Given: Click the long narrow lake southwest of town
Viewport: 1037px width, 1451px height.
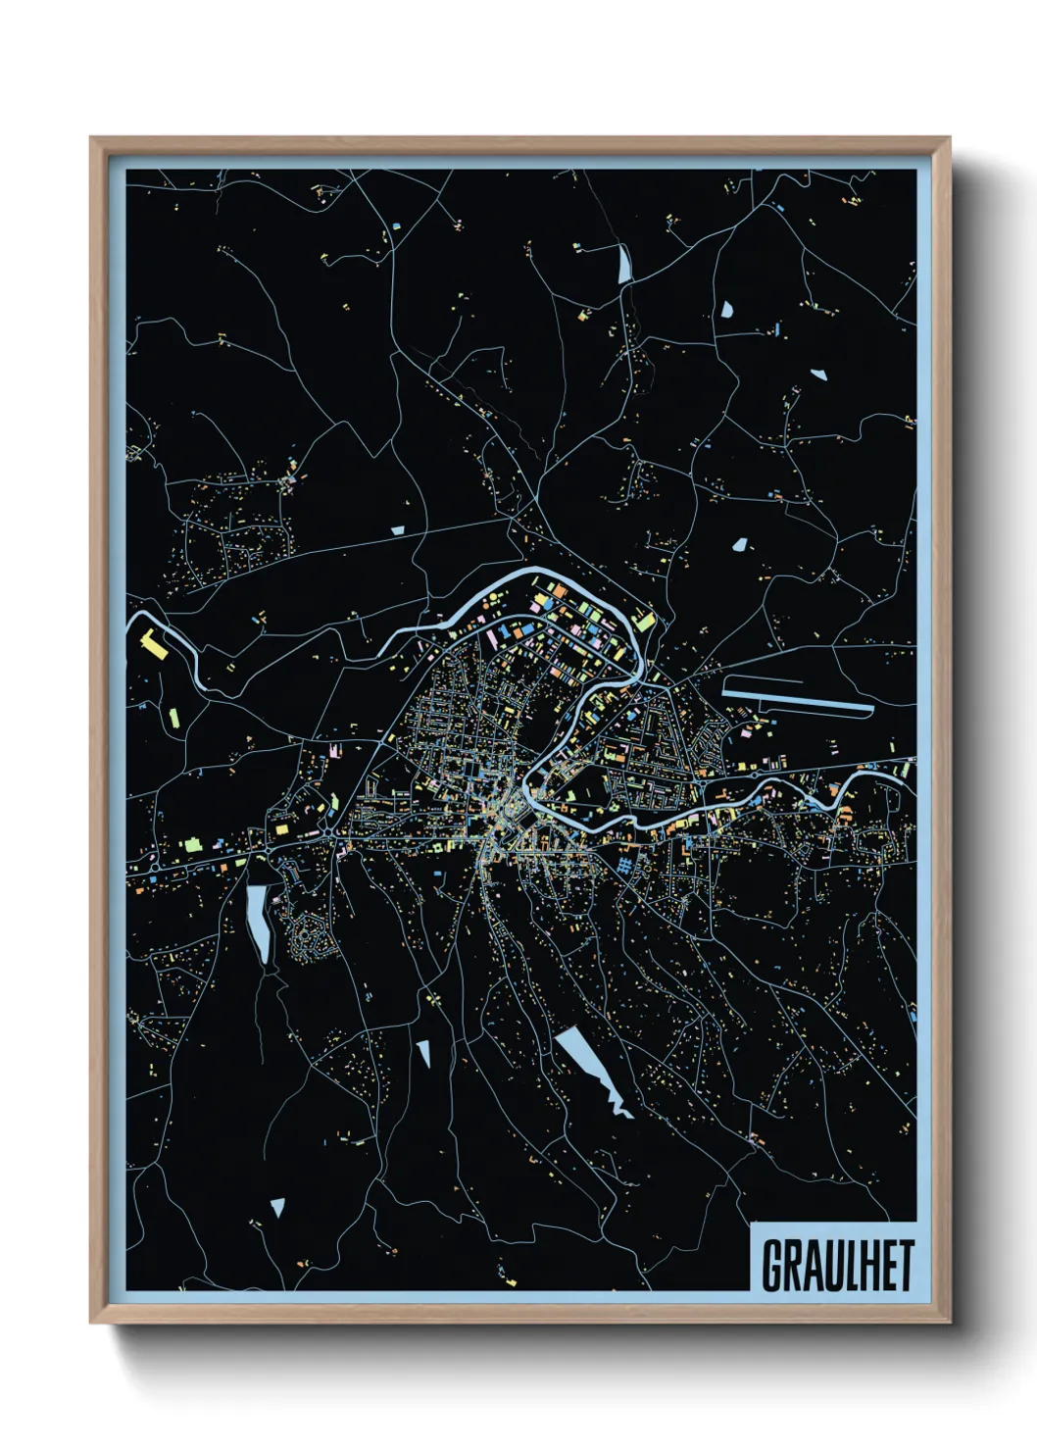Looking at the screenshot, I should tap(259, 922).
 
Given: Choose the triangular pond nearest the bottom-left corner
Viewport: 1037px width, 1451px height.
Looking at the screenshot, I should tap(277, 1207).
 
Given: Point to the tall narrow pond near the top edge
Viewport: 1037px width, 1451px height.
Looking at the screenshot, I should tap(624, 262).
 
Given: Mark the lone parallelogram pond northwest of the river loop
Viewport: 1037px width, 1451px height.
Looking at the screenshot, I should tap(397, 530).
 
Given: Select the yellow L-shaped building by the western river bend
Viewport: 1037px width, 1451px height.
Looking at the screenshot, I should tap(151, 644).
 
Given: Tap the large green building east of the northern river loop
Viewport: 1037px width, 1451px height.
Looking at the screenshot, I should tap(644, 620).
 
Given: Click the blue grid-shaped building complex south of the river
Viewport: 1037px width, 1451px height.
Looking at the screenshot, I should tap(625, 865).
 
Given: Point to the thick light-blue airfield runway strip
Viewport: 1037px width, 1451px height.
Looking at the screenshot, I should tap(796, 699).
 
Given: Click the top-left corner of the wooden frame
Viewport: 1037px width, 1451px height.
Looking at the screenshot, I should tap(92, 139).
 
